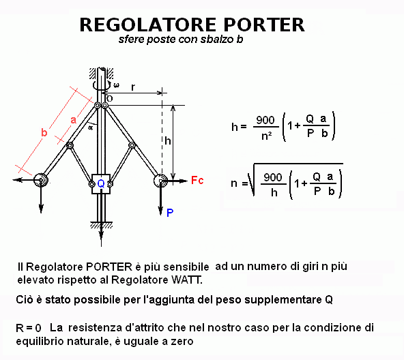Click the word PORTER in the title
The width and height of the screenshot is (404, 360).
click(x=264, y=25)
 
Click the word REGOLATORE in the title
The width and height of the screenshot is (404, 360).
click(x=148, y=25)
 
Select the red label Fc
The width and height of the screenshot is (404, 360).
click(x=197, y=180)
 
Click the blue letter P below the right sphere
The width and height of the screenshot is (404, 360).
click(x=170, y=213)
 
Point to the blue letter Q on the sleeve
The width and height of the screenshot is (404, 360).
click(x=101, y=184)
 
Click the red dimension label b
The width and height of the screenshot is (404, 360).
click(x=44, y=132)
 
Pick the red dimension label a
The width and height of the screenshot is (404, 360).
click(x=74, y=120)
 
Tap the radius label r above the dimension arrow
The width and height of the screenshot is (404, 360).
click(x=133, y=87)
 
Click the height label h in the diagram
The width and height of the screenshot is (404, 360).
click(x=168, y=140)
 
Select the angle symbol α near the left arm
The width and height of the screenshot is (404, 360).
click(x=91, y=127)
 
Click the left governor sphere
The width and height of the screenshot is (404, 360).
click(x=41, y=179)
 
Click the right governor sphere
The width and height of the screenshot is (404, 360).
click(x=160, y=181)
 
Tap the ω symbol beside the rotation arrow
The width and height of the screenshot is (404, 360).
click(x=117, y=85)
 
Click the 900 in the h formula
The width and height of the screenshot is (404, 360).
click(x=265, y=120)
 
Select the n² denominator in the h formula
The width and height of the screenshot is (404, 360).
click(x=266, y=135)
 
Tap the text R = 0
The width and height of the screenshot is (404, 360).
click(x=29, y=328)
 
